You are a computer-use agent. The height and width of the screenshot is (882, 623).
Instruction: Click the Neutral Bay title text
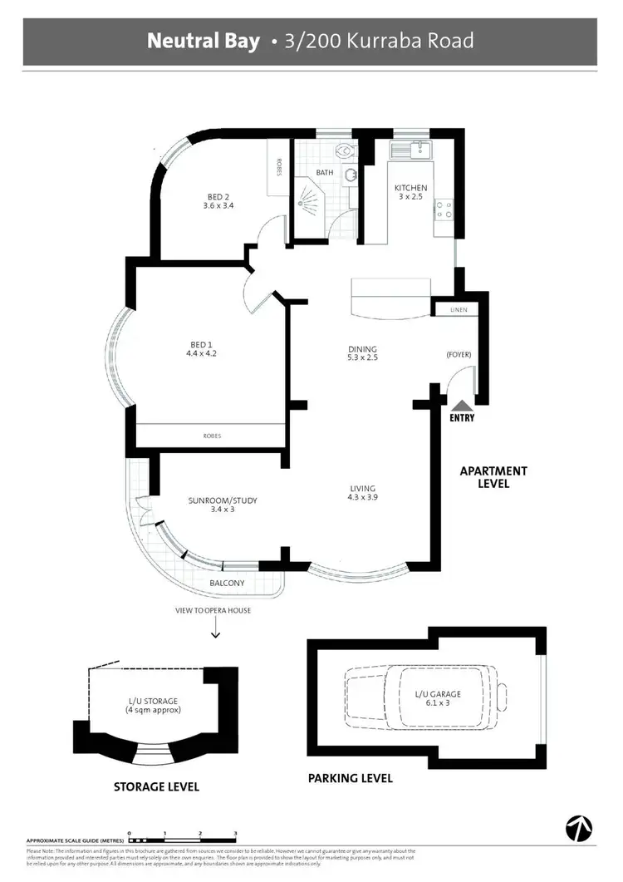(204, 41)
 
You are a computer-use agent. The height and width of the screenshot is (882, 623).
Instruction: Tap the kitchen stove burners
(444, 208)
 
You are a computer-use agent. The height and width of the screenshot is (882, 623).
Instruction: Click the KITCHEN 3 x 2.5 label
(410, 193)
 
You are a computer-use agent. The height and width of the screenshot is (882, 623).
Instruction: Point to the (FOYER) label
(458, 355)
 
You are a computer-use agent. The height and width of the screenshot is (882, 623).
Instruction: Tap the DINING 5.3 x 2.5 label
(363, 354)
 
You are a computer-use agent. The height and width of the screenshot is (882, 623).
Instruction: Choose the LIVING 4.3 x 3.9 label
(362, 493)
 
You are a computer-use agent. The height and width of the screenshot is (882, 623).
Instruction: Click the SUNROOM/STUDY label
(223, 505)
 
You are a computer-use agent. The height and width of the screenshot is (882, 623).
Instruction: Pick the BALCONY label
(227, 583)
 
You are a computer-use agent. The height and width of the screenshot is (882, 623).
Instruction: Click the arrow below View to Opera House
(216, 633)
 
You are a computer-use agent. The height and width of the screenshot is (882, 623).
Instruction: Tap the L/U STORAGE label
(152, 707)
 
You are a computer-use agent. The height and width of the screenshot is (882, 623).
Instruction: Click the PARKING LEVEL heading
(350, 779)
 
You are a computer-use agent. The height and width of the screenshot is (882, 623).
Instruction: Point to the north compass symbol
(578, 828)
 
